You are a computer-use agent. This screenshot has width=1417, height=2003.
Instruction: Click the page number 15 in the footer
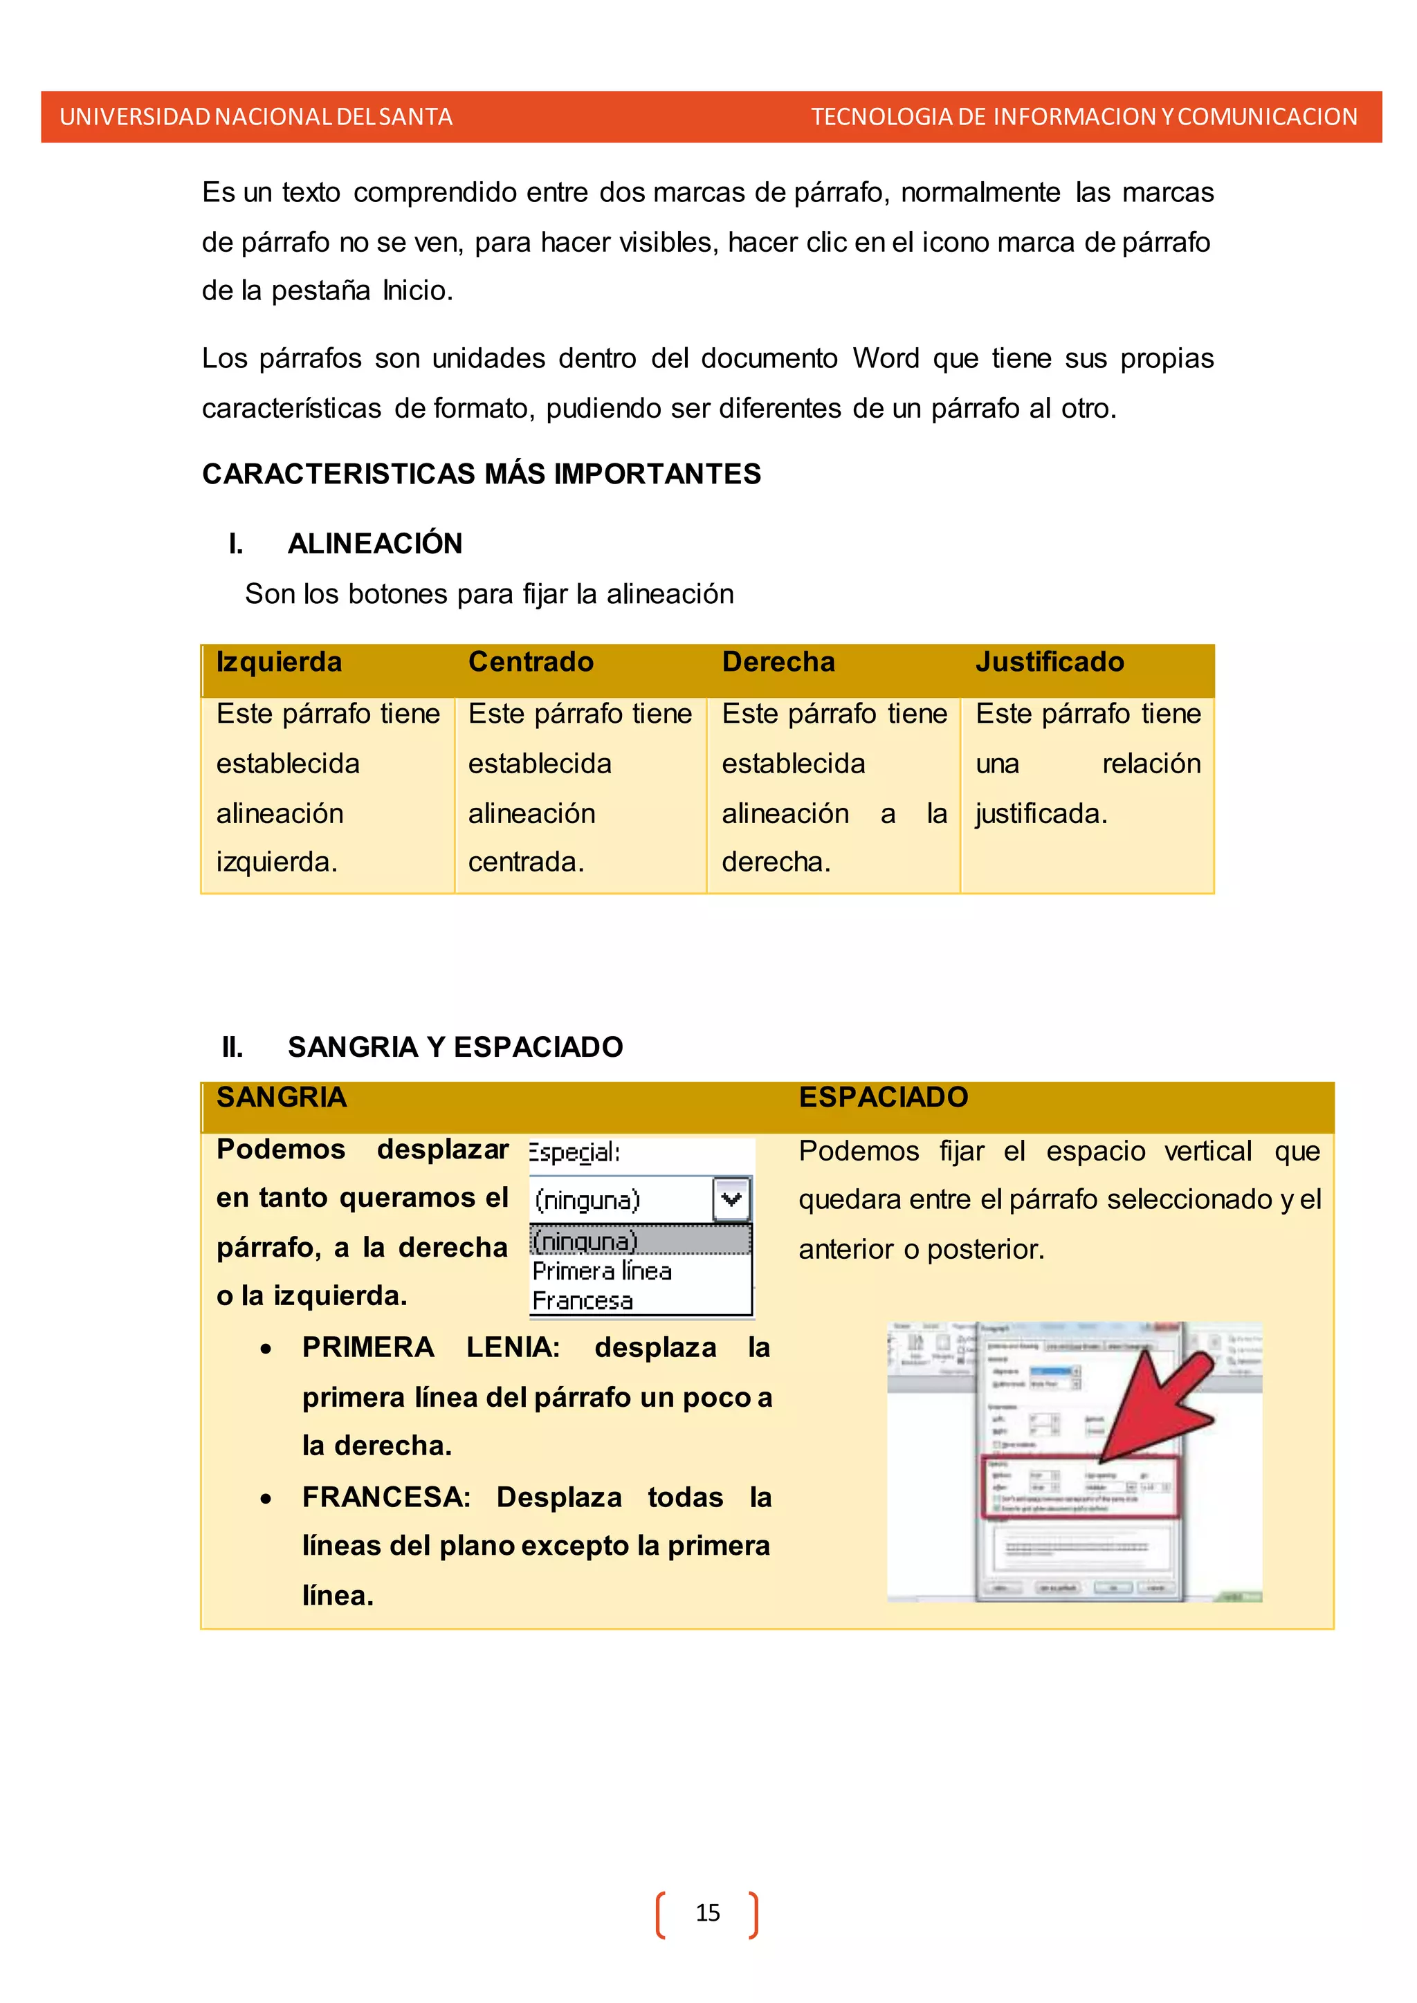coord(708,1912)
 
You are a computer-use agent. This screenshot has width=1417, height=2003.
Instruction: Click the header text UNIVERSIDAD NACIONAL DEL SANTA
coord(255,117)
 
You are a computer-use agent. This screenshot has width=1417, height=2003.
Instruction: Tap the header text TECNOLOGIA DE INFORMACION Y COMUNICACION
coord(1084,117)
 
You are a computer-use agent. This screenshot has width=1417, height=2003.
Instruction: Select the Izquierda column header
coord(280,662)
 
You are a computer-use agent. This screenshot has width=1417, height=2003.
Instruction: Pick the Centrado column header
coord(531,662)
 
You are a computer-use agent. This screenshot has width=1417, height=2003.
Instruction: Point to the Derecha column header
coord(778,662)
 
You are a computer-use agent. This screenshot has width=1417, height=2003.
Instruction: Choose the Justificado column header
coord(1050,662)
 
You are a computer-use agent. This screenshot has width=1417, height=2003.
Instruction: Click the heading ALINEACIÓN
coord(375,544)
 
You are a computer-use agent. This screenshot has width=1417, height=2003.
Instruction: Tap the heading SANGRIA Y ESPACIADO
coord(455,1047)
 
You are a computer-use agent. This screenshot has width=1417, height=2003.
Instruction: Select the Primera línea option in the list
coord(602,1271)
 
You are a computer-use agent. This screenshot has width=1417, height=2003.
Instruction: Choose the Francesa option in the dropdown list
coord(583,1301)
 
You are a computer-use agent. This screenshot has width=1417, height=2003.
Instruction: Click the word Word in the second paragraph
coord(886,358)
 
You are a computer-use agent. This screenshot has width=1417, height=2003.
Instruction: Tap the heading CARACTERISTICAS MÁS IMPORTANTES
coord(482,474)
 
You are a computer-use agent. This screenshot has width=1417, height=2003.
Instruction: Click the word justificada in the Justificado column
coord(1041,814)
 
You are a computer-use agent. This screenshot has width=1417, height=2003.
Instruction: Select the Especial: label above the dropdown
coord(574,1152)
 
